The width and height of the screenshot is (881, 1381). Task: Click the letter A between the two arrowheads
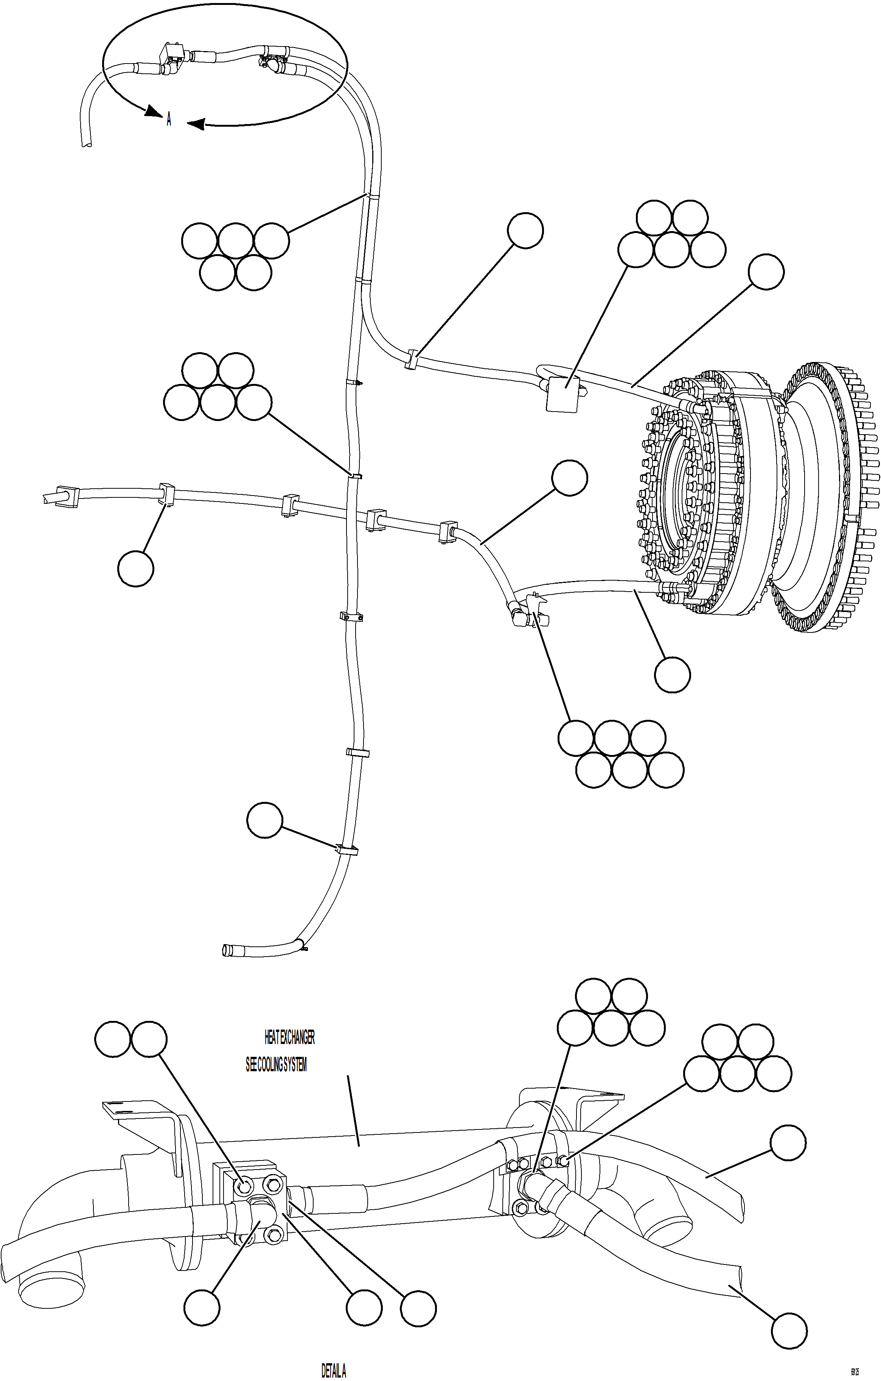click(x=169, y=120)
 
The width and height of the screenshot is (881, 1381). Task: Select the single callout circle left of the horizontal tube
click(x=135, y=569)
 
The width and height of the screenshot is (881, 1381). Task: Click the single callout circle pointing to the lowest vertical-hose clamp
click(x=265, y=820)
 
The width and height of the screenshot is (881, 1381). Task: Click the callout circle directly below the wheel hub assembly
click(x=672, y=675)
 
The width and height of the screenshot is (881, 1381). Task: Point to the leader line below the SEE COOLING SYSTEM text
click(x=353, y=1110)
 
